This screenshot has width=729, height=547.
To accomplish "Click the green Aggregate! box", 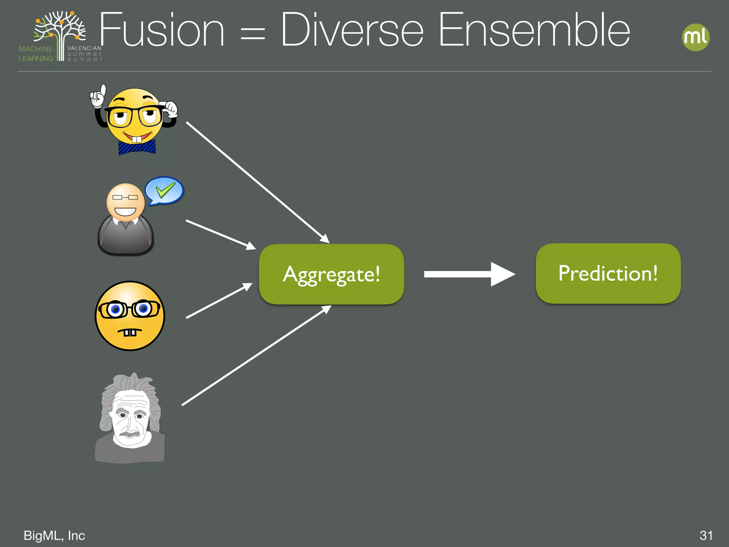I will tap(331, 274).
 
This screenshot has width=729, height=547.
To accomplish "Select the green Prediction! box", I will tap(608, 273).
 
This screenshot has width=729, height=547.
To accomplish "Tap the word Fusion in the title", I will tap(162, 30).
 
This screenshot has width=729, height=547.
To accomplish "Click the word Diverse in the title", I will tap(352, 30).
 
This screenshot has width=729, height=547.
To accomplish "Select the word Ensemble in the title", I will tap(534, 30).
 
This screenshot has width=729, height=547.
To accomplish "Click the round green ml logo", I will tap(696, 37).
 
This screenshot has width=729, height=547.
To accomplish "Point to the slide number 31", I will tap(706, 535).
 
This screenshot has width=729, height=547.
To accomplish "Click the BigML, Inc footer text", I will tap(54, 535).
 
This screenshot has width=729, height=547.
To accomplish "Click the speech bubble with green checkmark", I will tap(164, 191).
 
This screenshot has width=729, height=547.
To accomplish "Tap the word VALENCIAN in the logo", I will tap(84, 48).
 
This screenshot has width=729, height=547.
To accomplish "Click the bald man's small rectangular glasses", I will tap(125, 197).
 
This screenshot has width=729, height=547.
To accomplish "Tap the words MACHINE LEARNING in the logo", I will tap(36, 54).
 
